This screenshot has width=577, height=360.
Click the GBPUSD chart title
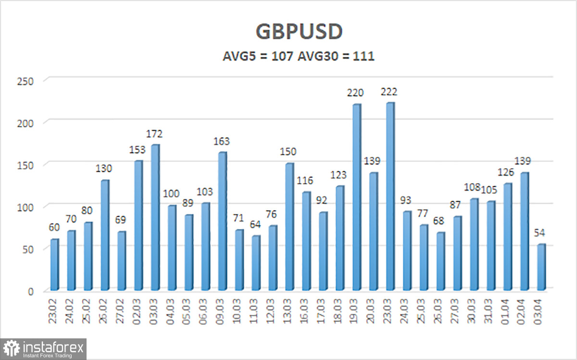coord(299,31)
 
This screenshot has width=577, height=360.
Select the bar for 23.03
coord(390,197)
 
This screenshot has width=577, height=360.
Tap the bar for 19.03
coord(356,198)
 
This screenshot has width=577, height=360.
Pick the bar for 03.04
coord(541,267)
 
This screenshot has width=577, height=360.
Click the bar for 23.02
coord(54,265)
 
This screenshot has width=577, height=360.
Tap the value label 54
coord(542,233)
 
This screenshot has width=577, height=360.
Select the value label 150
coord(289,152)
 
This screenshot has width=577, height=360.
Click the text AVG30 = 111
coord(336,56)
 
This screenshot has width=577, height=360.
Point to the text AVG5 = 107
coord(259,56)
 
